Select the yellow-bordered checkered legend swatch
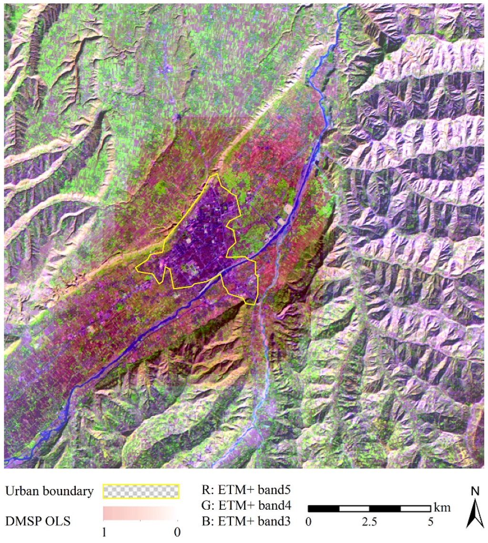click(141, 491)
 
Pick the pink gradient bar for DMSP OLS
click(141, 513)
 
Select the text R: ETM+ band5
click(244, 490)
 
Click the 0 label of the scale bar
click(309, 521)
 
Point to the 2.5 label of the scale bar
click(369, 521)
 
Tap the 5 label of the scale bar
click(430, 521)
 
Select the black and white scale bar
click(369, 508)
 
